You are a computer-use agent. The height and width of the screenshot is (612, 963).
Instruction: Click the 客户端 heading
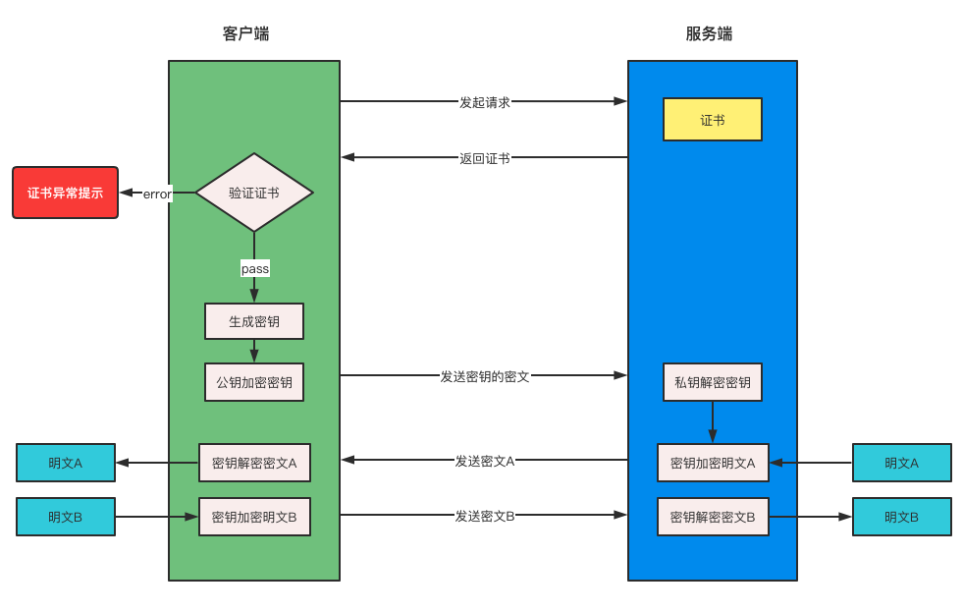click(x=245, y=34)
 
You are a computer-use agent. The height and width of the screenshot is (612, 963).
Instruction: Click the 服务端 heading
click(x=709, y=34)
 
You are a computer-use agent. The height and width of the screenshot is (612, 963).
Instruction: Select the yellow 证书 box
click(x=713, y=120)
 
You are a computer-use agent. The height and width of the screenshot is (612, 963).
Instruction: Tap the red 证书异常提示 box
click(x=65, y=193)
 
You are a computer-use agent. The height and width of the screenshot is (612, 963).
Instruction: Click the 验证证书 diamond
click(x=254, y=193)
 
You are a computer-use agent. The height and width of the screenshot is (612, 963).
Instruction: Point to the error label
click(x=157, y=194)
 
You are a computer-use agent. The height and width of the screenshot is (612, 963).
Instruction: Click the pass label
click(x=254, y=268)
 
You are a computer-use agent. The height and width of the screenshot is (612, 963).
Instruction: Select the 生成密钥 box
click(x=254, y=321)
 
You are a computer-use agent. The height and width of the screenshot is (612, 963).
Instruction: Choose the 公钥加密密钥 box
click(x=254, y=382)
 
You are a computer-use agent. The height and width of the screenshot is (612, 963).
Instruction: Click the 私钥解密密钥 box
click(x=713, y=382)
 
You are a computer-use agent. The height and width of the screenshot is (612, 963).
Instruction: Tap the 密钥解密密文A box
click(x=254, y=463)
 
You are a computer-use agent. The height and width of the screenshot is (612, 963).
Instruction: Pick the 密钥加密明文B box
click(x=254, y=517)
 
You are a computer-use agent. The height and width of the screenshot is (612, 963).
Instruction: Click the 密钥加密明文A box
click(x=713, y=463)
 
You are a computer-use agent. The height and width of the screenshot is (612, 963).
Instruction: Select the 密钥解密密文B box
click(x=713, y=517)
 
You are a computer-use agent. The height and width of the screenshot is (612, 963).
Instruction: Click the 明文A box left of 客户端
click(x=66, y=463)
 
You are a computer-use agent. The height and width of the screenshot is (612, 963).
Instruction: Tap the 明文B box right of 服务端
click(x=901, y=517)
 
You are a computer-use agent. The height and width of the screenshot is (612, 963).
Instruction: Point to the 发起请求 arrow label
click(x=484, y=102)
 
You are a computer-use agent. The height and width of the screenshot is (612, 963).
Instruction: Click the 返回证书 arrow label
click(x=484, y=158)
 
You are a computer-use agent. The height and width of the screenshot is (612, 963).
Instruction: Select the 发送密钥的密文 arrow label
click(x=484, y=376)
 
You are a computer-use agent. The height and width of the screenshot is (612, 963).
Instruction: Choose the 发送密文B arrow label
click(x=484, y=516)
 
